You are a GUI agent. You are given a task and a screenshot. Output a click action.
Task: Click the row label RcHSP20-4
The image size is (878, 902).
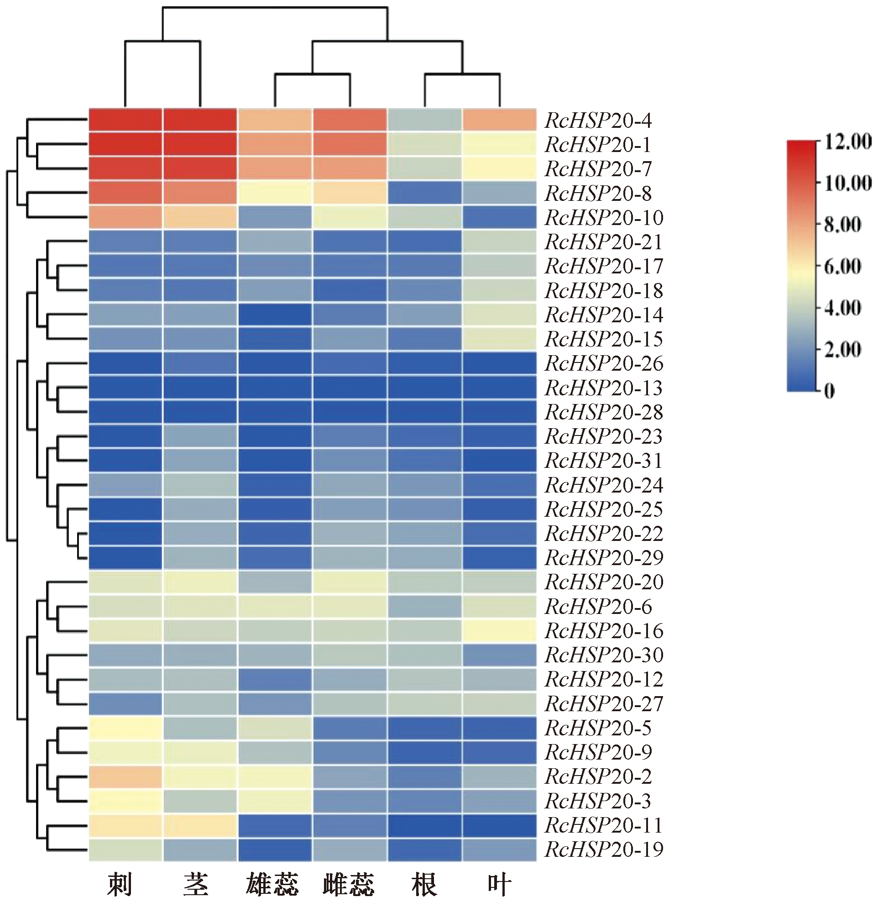[598, 121]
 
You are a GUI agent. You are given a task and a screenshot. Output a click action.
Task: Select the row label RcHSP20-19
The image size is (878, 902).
[604, 850]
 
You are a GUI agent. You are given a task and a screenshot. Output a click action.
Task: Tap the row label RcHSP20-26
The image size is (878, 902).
[604, 363]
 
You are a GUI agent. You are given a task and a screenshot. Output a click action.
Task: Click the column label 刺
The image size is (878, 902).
[120, 884]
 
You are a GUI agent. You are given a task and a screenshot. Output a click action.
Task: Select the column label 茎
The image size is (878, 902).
[196, 884]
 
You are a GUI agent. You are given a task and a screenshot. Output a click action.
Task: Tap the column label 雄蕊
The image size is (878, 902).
[272, 884]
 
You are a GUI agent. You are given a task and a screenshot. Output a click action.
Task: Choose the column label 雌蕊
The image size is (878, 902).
[349, 884]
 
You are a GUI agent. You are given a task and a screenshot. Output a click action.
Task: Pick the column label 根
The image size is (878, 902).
[424, 884]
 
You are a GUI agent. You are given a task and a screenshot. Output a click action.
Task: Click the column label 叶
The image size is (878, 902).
[499, 884]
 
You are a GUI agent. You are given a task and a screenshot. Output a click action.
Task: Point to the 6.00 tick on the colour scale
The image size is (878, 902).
[842, 266]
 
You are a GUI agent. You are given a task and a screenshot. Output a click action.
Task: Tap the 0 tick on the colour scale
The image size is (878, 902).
[829, 391]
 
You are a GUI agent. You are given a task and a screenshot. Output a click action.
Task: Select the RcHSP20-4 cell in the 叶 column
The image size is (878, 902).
[499, 121]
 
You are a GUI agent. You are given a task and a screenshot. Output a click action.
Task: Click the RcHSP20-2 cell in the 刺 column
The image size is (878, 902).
[125, 776]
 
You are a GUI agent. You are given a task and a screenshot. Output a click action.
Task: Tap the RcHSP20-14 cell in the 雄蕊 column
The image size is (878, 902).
[275, 315]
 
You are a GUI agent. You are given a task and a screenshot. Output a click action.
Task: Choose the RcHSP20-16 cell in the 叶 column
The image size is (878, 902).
[499, 631]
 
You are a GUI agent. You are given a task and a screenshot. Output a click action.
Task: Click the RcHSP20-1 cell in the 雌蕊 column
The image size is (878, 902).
[350, 145]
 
